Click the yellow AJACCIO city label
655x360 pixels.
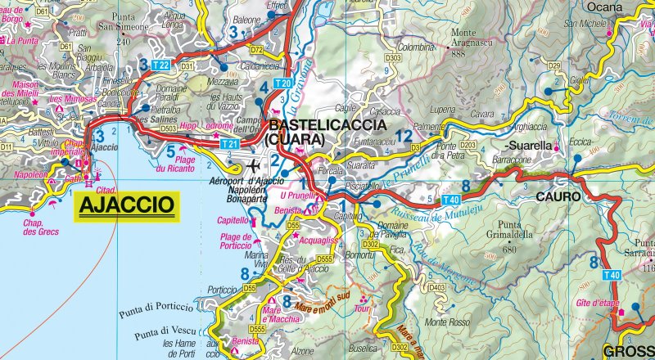tap(127, 203)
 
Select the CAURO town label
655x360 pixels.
tap(558, 197)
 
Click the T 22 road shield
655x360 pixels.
tap(160, 65)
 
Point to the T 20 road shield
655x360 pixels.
tap(284, 83)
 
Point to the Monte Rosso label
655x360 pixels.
tap(446, 322)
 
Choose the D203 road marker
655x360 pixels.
tap(468, 144)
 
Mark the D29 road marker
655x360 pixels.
tap(553, 65)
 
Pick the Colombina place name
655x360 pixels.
tap(415, 47)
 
